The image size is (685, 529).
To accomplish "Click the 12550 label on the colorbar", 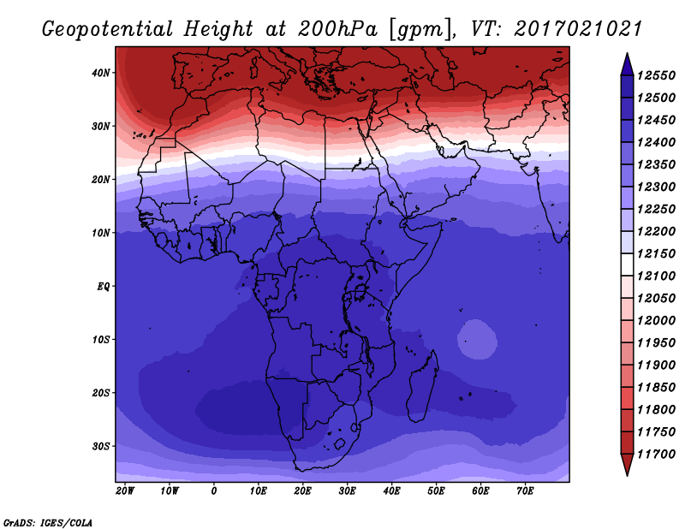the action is [656, 75].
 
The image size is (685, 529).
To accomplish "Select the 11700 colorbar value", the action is [656, 455].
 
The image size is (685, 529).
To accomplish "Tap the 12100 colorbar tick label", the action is [656, 276].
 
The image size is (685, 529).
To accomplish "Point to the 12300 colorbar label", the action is [656, 187].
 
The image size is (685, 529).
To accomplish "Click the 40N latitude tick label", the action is [101, 73].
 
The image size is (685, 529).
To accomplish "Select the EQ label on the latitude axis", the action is [104, 287].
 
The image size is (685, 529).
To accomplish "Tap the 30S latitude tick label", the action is [101, 447].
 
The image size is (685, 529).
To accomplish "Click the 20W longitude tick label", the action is [125, 491].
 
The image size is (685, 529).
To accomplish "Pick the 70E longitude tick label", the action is [525, 491].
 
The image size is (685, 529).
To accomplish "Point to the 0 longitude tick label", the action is [213, 491].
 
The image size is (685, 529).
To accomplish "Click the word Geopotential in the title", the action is [107, 30].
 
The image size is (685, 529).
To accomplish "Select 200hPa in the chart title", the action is [337, 29].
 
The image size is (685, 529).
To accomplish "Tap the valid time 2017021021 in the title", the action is [577, 29].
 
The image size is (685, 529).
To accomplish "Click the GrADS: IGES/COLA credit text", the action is [48, 523].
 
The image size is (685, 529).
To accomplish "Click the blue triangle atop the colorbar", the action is [627, 64].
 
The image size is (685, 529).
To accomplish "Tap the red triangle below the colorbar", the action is [627, 465].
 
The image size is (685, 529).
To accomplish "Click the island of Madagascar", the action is [423, 387].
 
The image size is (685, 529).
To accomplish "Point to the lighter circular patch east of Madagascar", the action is [477, 340].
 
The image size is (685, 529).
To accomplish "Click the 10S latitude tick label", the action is [101, 340].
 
